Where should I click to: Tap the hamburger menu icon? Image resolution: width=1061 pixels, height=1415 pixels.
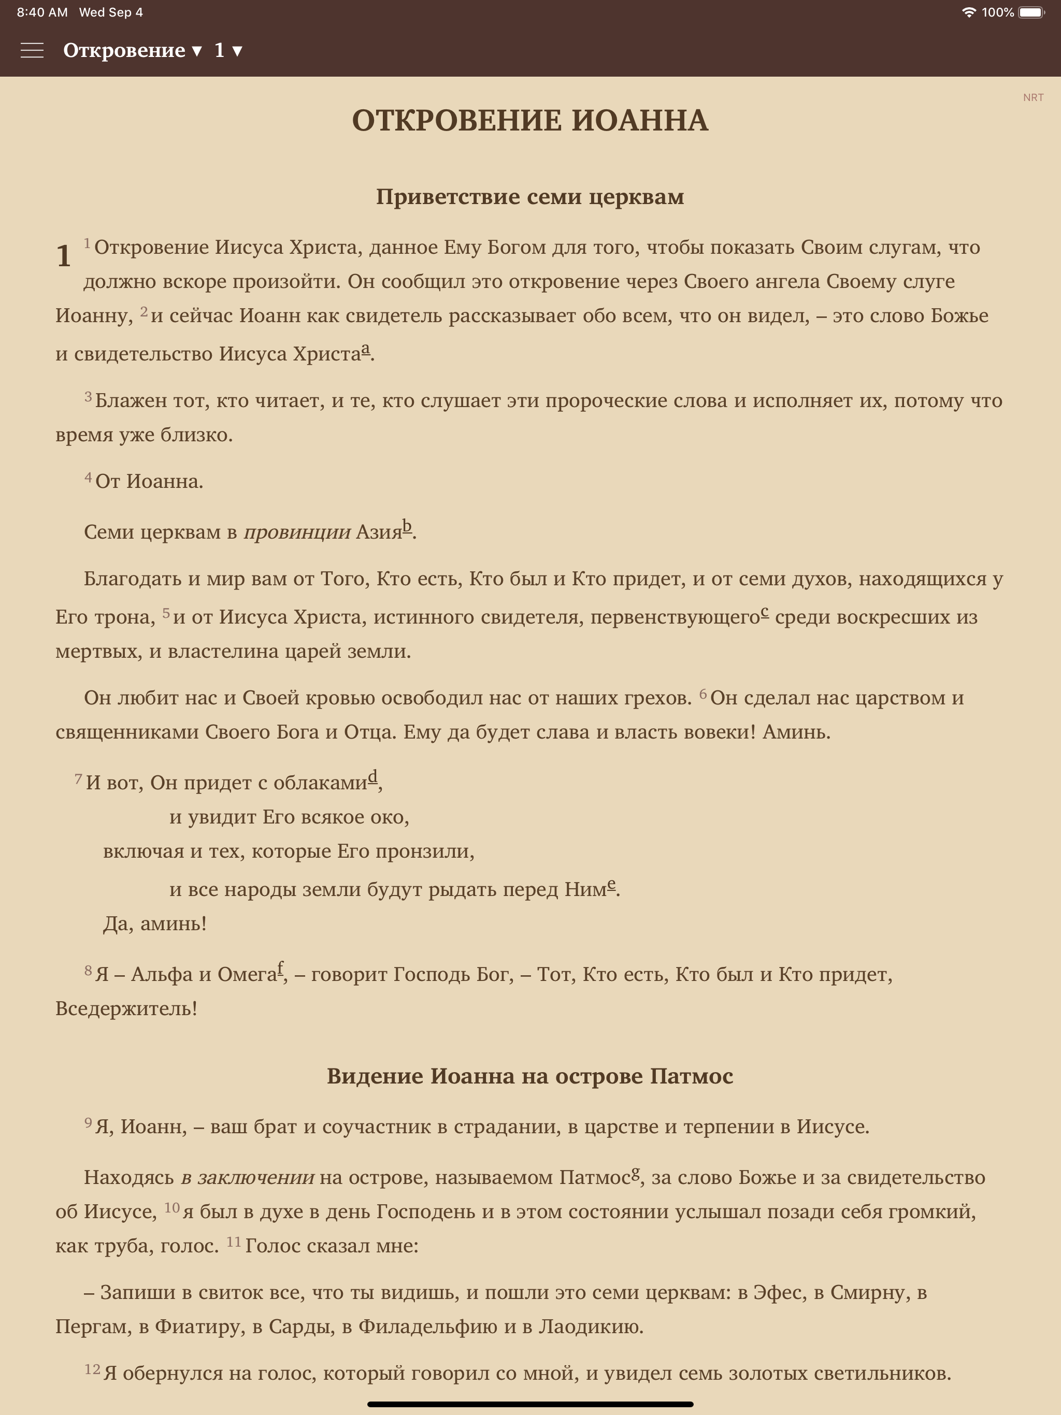(32, 51)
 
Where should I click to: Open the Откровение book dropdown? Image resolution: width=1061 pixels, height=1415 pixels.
(133, 51)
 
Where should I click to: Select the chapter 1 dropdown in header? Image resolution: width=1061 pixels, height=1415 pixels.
(228, 51)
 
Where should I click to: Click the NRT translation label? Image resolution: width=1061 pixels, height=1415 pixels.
(1033, 97)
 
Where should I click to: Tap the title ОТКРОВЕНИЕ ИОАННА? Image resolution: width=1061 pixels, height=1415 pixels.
(530, 120)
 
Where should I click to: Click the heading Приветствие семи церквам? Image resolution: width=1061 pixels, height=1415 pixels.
(530, 196)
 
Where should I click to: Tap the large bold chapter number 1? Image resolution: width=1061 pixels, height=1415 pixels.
(63, 256)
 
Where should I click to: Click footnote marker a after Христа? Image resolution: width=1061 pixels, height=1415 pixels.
(365, 349)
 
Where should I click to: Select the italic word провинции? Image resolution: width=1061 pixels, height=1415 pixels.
(297, 531)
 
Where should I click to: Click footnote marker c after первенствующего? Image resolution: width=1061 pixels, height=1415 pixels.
(765, 612)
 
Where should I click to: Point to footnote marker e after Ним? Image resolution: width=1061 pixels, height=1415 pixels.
(611, 884)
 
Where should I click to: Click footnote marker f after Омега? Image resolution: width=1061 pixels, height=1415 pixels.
(280, 969)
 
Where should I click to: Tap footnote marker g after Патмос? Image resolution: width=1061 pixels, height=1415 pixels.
(636, 1173)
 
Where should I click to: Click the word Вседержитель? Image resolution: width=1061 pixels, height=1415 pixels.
(126, 1009)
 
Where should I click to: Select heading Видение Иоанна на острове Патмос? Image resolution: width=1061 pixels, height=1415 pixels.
(530, 1076)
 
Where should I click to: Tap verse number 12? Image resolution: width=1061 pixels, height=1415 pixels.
(92, 1369)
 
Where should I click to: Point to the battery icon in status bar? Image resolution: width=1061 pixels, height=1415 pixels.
(1030, 12)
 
